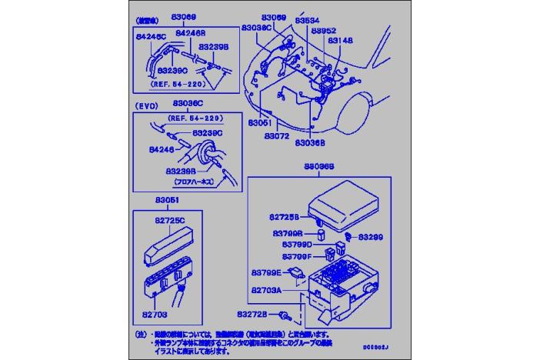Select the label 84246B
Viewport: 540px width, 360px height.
click(x=190, y=33)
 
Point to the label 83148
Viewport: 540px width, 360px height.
click(x=339, y=40)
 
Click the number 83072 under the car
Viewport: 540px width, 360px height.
click(x=275, y=135)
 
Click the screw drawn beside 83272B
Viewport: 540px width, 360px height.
click(x=285, y=315)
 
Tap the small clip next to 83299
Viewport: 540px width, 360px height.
click(x=349, y=235)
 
